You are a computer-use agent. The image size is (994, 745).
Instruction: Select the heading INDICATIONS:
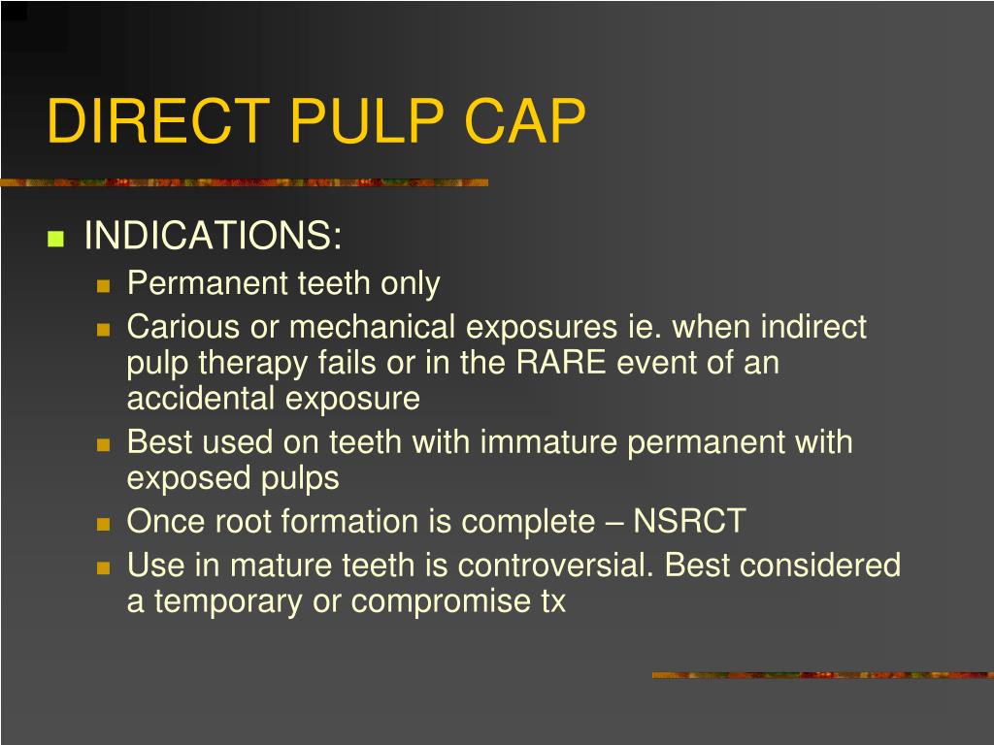[x=214, y=236]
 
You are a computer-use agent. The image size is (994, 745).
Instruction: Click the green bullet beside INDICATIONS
[x=55, y=239]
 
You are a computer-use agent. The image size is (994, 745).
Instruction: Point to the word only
[x=410, y=283]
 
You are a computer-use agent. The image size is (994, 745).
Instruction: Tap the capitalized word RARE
[x=561, y=363]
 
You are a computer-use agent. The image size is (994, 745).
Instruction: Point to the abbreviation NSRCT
[x=689, y=522]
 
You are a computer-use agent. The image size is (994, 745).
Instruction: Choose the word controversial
[x=555, y=566]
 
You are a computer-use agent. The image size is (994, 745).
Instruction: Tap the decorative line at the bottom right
[x=821, y=674]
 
